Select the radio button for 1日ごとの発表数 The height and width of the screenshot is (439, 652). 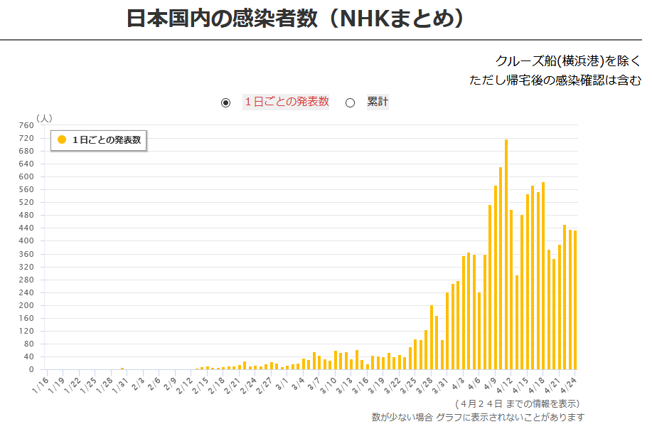[226, 102]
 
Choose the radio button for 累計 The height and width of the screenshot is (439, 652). [350, 102]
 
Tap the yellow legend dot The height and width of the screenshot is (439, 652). [62, 140]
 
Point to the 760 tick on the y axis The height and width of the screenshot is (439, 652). [26, 125]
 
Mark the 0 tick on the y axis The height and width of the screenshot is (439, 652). [30, 369]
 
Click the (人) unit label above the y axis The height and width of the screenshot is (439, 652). [44, 117]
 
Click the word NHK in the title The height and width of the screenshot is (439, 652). [367, 19]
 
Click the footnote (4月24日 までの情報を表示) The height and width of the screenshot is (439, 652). [516, 403]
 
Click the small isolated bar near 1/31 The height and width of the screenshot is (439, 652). [122, 369]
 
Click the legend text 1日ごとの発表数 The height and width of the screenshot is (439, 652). [107, 140]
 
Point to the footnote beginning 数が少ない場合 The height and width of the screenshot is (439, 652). [478, 417]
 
